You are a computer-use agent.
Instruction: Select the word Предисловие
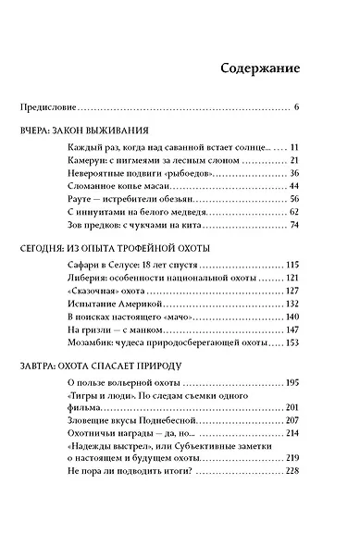tap(48, 108)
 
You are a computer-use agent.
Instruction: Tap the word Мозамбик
tap(94, 341)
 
